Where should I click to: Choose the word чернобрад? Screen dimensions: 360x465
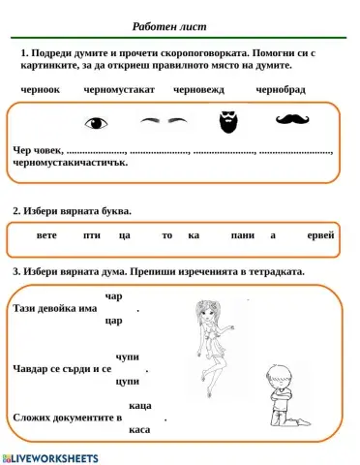point(281,89)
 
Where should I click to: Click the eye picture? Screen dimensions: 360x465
point(96,123)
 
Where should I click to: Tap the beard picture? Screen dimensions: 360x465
point(225,122)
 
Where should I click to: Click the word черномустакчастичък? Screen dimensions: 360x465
point(71,163)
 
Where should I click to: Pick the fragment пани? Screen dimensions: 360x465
point(242,235)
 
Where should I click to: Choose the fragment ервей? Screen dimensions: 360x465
point(320,235)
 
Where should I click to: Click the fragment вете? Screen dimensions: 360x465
point(46,235)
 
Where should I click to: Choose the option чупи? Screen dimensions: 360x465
point(127,357)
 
